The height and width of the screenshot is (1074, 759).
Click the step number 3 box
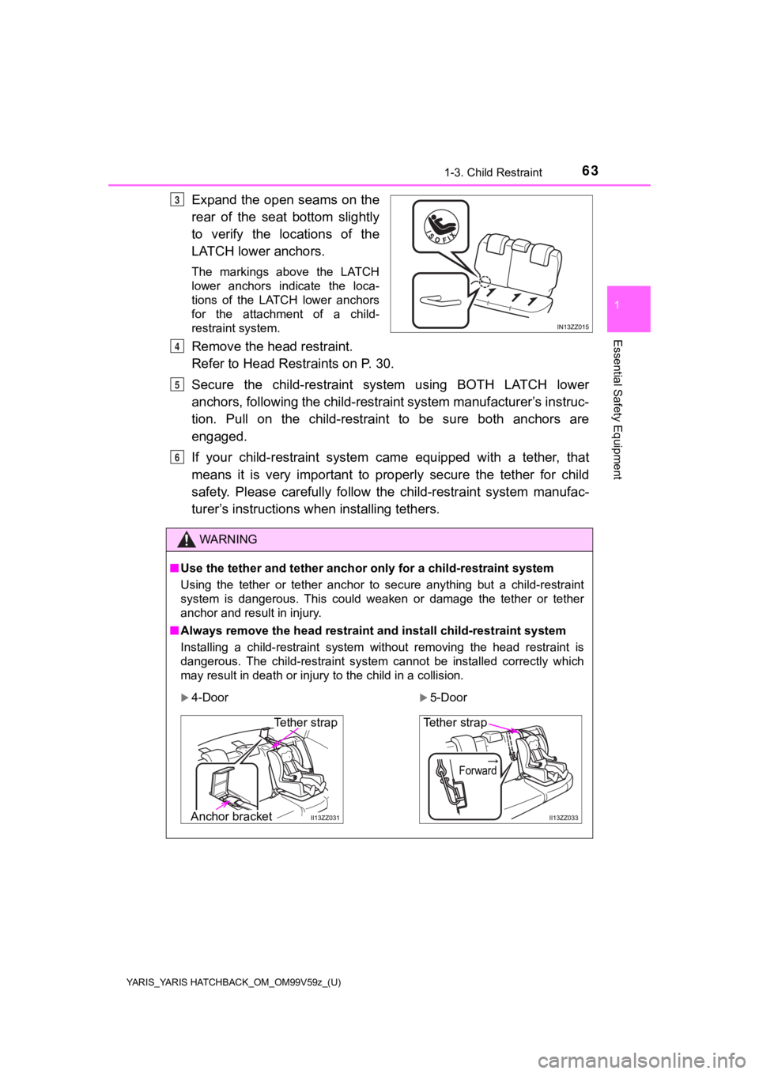coord(178,200)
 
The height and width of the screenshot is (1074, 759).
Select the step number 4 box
coord(178,346)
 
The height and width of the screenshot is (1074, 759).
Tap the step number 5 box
coord(178,384)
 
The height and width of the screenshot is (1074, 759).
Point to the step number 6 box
coord(178,456)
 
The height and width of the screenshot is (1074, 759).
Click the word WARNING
coord(228,539)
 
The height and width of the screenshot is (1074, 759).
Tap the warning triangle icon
coord(187,540)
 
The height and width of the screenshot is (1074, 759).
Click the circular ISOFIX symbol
coord(440,225)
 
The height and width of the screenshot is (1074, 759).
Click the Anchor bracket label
coord(231,817)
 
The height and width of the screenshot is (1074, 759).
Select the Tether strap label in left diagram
coord(305,722)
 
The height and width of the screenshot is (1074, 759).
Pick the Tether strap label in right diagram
coord(455,722)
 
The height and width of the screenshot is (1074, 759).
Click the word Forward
coord(478,770)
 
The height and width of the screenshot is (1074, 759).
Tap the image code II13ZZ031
coord(325,819)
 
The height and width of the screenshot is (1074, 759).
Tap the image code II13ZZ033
coord(564,819)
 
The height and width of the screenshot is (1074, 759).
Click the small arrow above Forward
coord(491,760)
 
